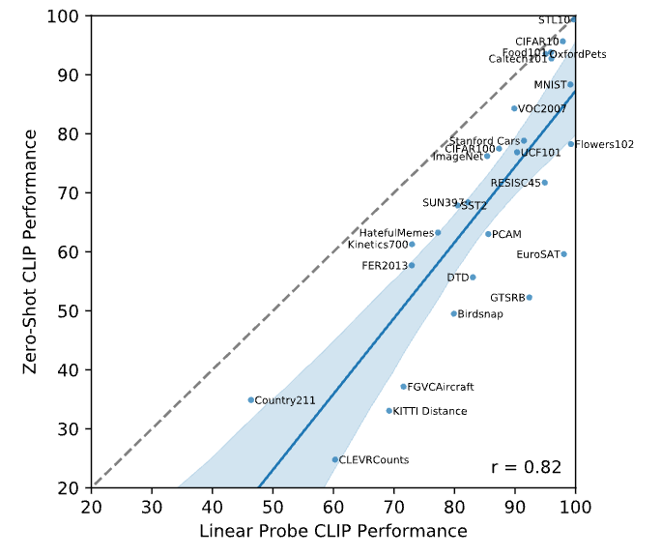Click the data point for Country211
click(250, 399)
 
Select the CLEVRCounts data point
click(335, 459)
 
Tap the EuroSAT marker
click(563, 254)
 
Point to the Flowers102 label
click(605, 145)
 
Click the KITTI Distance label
click(430, 412)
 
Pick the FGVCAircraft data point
click(404, 387)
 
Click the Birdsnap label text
click(480, 314)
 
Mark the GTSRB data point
click(529, 297)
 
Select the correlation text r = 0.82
click(526, 467)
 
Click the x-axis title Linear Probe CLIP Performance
click(333, 532)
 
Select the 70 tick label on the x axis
click(394, 506)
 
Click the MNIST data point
click(570, 84)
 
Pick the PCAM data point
click(488, 234)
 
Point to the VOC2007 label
click(543, 109)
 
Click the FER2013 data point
click(412, 265)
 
